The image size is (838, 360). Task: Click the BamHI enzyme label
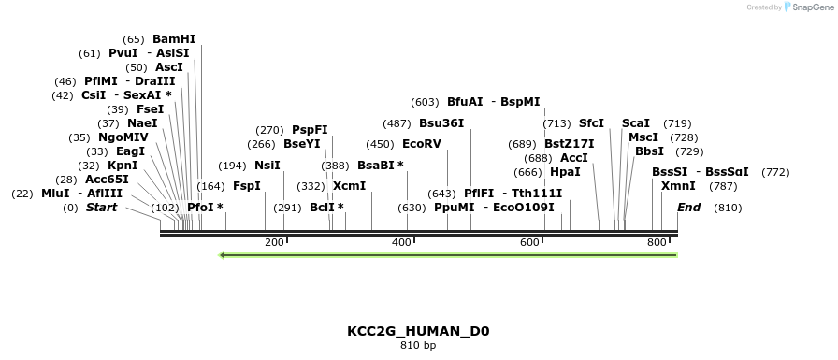pyautogui.click(x=174, y=39)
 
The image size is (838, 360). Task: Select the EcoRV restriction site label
pyautogui.click(x=421, y=144)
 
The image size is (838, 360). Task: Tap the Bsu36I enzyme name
pyautogui.click(x=441, y=123)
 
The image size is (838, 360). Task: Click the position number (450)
pyautogui.click(x=380, y=144)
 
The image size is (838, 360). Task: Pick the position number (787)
pyautogui.click(x=723, y=186)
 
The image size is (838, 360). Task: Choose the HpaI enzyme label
pyautogui.click(x=565, y=172)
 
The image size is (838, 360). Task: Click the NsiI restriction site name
pyautogui.click(x=267, y=166)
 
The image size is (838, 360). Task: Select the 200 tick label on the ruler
pyautogui.click(x=274, y=243)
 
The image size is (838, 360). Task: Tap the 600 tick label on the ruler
pyautogui.click(x=529, y=243)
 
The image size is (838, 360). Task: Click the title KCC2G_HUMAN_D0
pyautogui.click(x=418, y=331)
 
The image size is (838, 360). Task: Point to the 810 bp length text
pyautogui.click(x=418, y=346)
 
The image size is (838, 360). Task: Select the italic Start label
pyautogui.click(x=102, y=208)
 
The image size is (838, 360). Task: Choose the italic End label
pyautogui.click(x=688, y=208)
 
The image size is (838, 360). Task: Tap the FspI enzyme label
pyautogui.click(x=247, y=186)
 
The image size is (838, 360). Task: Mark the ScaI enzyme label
pyautogui.click(x=636, y=123)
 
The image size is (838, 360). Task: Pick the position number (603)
pyautogui.click(x=425, y=102)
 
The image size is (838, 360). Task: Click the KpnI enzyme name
pyautogui.click(x=123, y=166)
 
